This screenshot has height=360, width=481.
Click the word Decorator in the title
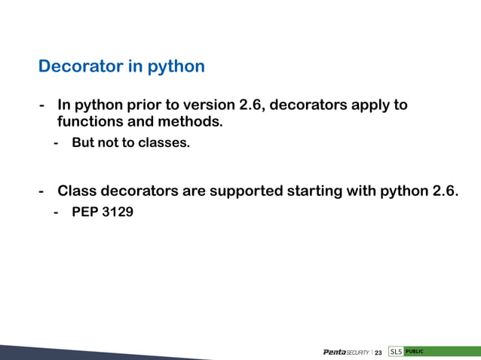pyautogui.click(x=77, y=66)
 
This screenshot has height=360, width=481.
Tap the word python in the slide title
pyautogui.click(x=176, y=67)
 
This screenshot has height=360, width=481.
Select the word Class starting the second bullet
pyautogui.click(x=78, y=191)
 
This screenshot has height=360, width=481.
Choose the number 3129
pyautogui.click(x=118, y=212)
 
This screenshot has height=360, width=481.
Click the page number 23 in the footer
pyautogui.click(x=378, y=352)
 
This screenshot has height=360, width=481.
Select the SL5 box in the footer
pyautogui.click(x=396, y=352)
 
